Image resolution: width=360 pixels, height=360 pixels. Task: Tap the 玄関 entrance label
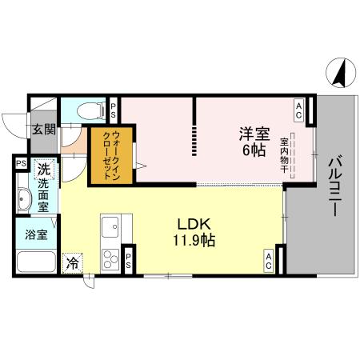click(x=43, y=129)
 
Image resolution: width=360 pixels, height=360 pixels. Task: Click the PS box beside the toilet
click(x=113, y=110)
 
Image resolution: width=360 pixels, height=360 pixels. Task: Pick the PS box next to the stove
click(x=128, y=259)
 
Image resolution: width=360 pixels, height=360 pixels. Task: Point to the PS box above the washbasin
click(x=21, y=164)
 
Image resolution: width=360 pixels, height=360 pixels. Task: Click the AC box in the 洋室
click(x=298, y=106)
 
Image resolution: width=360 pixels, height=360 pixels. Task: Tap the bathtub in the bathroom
click(x=36, y=262)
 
